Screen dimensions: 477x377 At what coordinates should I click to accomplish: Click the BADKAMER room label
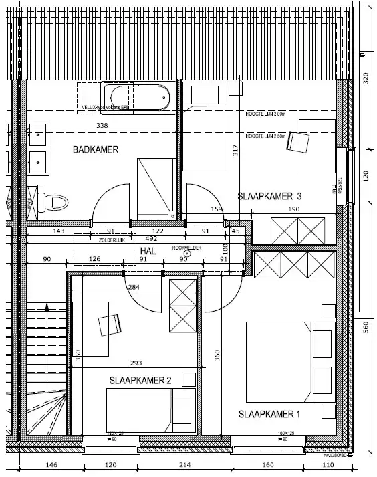click(96, 150)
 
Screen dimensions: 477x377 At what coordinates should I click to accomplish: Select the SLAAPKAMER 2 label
click(140, 381)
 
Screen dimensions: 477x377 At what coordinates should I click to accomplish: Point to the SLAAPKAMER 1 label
click(269, 415)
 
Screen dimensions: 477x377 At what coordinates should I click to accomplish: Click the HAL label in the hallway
click(148, 249)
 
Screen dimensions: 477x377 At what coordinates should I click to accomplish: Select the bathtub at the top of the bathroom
click(138, 99)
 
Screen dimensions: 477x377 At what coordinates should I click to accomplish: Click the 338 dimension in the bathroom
click(102, 126)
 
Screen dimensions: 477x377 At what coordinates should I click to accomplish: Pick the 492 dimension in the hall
click(151, 237)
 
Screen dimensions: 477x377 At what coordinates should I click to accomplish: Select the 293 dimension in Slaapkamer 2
click(136, 364)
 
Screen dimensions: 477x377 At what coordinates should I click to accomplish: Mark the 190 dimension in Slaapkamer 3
click(294, 209)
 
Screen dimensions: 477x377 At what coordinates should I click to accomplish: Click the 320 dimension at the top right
click(366, 79)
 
